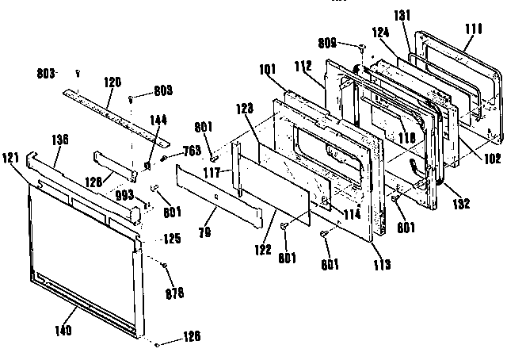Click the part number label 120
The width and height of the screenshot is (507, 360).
tap(113, 82)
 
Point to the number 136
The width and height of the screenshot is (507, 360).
tap(59, 140)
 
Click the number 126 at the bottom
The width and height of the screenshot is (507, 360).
tap(190, 336)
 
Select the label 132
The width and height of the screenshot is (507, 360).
tap(462, 204)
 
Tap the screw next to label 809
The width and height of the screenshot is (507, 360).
tap(361, 48)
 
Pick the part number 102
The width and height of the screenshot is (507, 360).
tap(491, 158)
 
